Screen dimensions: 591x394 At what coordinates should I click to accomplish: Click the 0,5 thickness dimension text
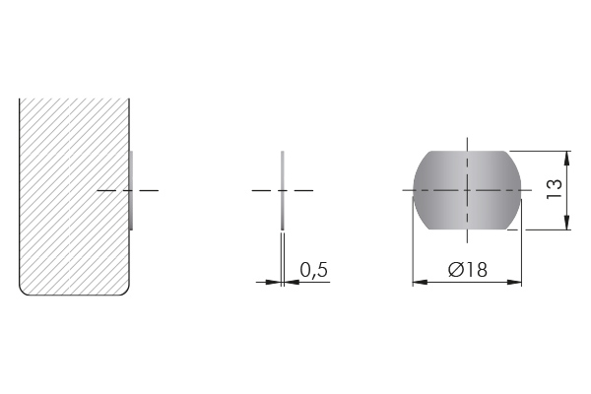tap(313, 270)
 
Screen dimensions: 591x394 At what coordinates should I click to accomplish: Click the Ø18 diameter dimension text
tap(467, 270)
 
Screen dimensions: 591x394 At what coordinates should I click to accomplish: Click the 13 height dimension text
tap(555, 190)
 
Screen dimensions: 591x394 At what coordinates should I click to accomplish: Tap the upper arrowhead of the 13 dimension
tap(567, 158)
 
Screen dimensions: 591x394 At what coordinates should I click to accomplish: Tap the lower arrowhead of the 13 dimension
tap(567, 223)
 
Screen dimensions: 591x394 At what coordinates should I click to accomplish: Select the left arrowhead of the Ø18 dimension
tap(421, 282)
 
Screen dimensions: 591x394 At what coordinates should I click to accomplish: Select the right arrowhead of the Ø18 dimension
tap(514, 282)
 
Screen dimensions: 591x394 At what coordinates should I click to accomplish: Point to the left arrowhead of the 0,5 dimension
tap(273, 282)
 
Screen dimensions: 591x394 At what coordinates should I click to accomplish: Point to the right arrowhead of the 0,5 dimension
tap(292, 282)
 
